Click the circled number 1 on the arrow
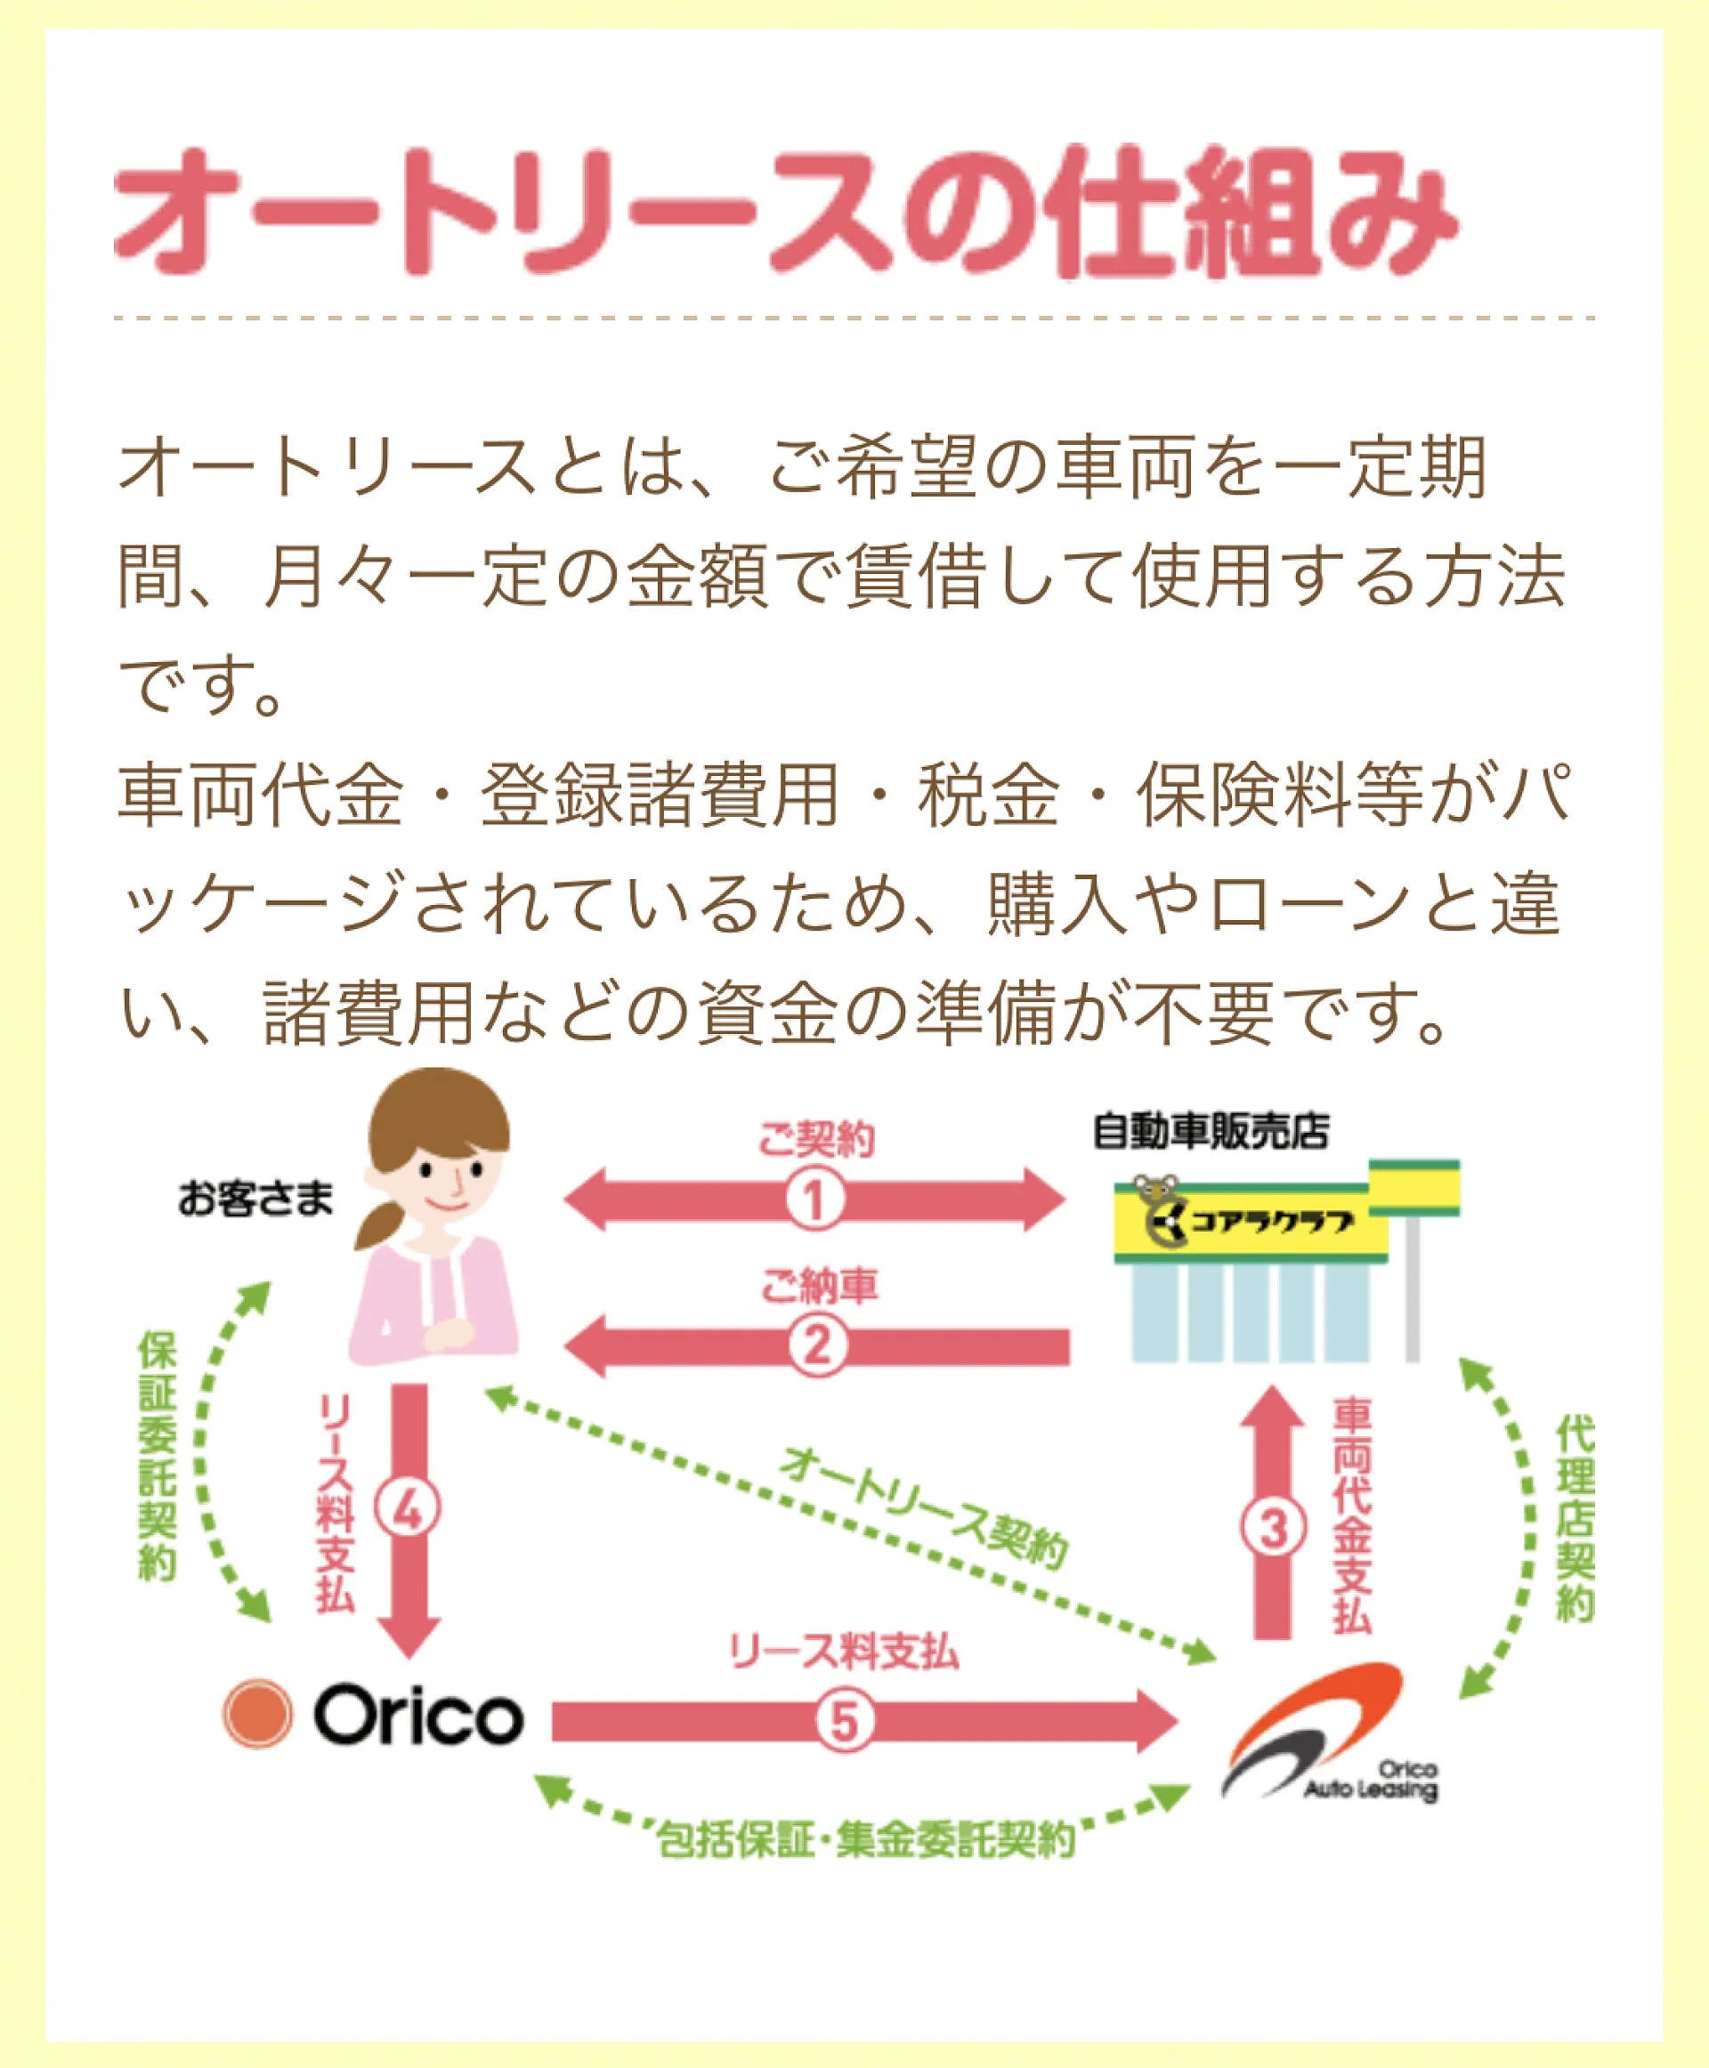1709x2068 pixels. [x=814, y=1200]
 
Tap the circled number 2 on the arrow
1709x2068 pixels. [x=817, y=1345]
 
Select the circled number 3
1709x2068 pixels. [x=1274, y=1529]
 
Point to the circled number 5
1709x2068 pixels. [x=845, y=1722]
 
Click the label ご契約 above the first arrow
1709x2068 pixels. [x=816, y=1140]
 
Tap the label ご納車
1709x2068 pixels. [x=819, y=1286]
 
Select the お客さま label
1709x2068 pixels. [x=256, y=1199]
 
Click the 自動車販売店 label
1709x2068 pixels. [x=1211, y=1132]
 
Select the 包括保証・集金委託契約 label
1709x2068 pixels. [x=866, y=1839]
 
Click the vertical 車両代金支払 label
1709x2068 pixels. [x=1353, y=1517]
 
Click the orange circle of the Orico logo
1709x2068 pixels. [x=257, y=1714]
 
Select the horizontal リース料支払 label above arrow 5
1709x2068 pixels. [x=844, y=1652]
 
